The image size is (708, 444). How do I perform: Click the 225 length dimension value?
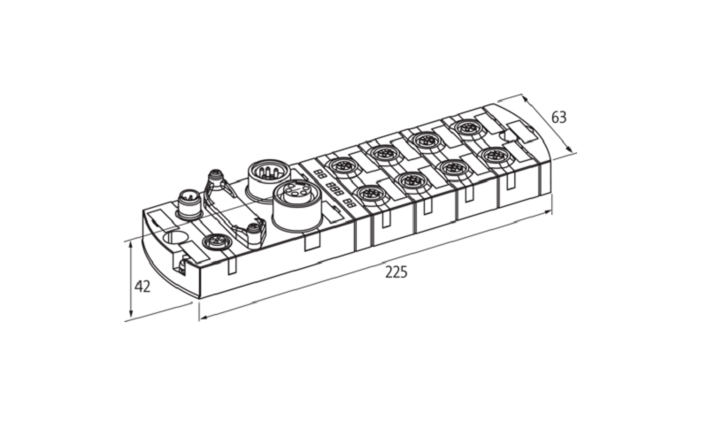click(x=396, y=272)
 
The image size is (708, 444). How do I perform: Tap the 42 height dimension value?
click(x=142, y=286)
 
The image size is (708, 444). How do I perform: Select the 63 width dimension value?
click(x=558, y=118)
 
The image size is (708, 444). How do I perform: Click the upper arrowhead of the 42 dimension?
click(x=131, y=243)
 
